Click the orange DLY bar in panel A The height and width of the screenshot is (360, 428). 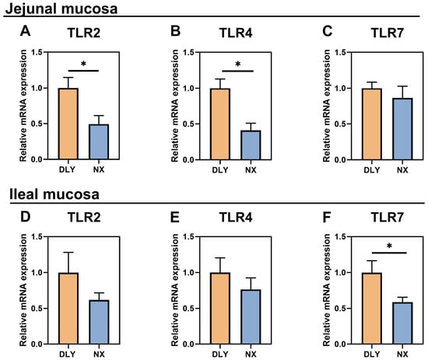click(x=68, y=124)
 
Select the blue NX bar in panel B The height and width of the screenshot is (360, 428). click(x=251, y=145)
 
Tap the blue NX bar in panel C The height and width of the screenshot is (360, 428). click(x=402, y=129)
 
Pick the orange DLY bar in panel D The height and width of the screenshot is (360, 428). click(x=68, y=308)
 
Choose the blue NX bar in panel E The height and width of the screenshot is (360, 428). click(x=251, y=317)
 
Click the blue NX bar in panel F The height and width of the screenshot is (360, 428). click(x=402, y=323)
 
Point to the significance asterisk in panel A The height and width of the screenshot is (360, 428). click(x=83, y=65)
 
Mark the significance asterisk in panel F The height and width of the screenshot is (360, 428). click(x=389, y=246)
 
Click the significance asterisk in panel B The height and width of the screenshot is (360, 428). click(x=238, y=65)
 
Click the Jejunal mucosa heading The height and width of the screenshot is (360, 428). click(x=61, y=9)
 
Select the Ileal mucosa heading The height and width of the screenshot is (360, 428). click(x=54, y=194)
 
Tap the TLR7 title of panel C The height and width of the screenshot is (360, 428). click(x=387, y=33)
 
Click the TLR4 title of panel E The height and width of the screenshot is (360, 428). click(x=236, y=218)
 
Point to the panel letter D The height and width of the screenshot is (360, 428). click(x=26, y=217)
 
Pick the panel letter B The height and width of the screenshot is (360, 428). click(x=176, y=31)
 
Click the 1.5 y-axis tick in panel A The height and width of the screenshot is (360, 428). click(x=38, y=52)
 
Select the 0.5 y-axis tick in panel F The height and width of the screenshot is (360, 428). click(x=342, y=309)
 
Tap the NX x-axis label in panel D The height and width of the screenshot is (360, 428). click(x=99, y=354)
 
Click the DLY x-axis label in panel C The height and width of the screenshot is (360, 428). click(x=372, y=170)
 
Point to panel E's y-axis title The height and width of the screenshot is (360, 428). click(x=175, y=290)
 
